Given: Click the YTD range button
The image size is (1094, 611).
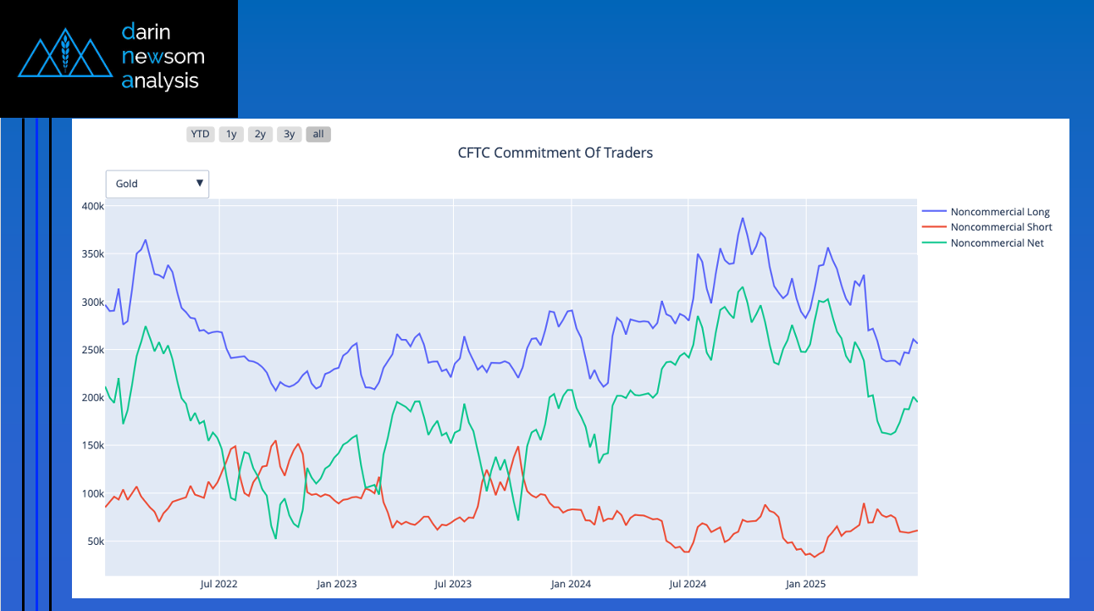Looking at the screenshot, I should point(200,134).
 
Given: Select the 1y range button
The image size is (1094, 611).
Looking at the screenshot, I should point(231,134).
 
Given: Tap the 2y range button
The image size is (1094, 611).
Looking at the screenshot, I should point(260,134).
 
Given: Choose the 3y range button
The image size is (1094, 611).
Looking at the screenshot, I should point(290,134).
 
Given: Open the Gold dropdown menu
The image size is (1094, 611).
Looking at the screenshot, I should point(157,184).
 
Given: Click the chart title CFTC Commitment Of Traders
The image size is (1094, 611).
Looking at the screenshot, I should point(555,153).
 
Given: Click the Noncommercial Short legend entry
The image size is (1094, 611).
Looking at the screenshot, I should point(1001,227).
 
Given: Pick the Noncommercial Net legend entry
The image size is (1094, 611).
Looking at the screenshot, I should point(997,243).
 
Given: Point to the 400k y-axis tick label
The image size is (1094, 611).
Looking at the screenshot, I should point(92,207).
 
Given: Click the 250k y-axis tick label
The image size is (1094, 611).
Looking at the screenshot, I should point(92,350).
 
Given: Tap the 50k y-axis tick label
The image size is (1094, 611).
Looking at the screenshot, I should point(95,542).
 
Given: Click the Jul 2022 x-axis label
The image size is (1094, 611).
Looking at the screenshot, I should point(218,584).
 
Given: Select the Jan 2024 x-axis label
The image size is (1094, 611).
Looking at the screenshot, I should point(571,584).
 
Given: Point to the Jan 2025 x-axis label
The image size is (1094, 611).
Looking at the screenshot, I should point(805,584).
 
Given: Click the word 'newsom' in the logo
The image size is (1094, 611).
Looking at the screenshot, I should point(163,57).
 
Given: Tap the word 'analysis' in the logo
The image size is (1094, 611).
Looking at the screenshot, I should point(160,81).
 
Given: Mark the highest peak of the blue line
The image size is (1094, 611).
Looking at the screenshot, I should point(743,218).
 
